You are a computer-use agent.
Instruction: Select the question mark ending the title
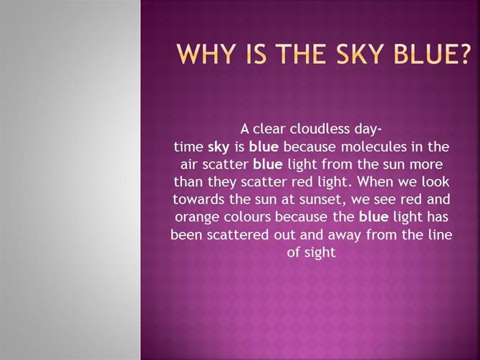pyautogui.click(x=463, y=55)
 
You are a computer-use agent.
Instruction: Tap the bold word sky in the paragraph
pyautogui.click(x=219, y=147)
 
